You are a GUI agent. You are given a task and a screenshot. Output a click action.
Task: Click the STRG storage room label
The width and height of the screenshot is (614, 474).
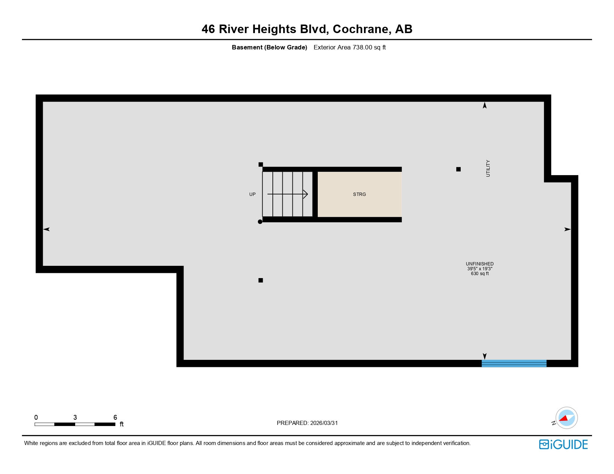point(359,194)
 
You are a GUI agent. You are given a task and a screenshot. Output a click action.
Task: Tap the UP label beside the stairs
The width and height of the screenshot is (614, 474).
point(252,194)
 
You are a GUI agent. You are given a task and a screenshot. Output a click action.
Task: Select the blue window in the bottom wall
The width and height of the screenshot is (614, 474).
point(514,363)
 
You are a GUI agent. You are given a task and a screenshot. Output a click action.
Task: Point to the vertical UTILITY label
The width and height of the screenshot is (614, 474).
point(488,168)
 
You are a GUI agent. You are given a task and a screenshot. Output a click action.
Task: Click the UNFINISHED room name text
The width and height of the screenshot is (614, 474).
point(480,264)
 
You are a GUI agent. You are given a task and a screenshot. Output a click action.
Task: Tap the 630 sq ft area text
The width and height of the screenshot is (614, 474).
point(480,274)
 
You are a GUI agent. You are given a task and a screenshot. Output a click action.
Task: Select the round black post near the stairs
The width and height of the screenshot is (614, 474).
point(260,222)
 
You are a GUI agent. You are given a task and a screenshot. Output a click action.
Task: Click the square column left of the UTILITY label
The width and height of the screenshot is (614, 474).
point(458,169)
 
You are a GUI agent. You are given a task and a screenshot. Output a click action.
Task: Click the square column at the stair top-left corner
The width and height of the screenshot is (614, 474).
point(261,164)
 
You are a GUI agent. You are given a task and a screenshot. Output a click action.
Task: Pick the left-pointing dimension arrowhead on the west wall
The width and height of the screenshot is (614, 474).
point(47,229)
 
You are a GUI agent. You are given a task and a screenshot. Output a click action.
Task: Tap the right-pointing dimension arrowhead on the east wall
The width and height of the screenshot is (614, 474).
point(567,229)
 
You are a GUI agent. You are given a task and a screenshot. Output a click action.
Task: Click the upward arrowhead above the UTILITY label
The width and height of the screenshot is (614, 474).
point(485,106)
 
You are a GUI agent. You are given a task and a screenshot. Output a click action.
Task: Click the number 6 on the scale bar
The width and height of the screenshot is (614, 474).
point(115,417)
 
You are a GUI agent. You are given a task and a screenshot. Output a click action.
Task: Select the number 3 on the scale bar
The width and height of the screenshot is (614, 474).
point(75,417)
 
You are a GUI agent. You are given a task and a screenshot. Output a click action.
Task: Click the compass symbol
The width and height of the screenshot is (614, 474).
point(566,418)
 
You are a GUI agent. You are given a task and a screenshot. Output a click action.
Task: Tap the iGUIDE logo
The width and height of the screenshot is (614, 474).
point(563,444)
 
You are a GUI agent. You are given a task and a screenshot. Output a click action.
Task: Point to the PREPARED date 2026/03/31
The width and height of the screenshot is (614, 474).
point(324,423)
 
